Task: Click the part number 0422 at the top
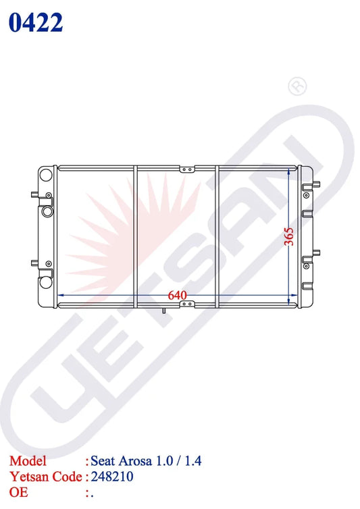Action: pos(35,22)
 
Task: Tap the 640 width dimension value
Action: pos(178,295)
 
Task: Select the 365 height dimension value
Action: pos(288,236)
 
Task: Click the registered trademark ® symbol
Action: pos(296,86)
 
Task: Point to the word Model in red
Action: pos(28,461)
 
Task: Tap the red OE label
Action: pos(18,491)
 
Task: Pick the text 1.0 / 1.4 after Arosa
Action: pos(180,462)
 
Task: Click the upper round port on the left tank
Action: pos(46,175)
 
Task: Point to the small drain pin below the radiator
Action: pos(164,311)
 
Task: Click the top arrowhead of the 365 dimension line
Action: pos(292,171)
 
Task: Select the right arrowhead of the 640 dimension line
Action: pos(294,296)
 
